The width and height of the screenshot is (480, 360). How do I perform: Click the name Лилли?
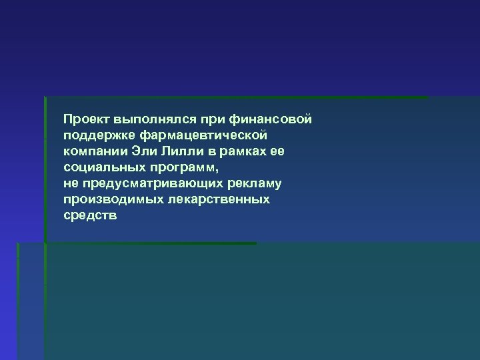(179, 151)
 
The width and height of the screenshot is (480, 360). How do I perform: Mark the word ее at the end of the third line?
(277, 151)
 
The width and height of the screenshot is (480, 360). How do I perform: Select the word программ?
(177, 168)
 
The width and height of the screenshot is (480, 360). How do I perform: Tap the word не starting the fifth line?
(71, 183)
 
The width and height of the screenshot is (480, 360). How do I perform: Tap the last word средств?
(89, 215)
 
